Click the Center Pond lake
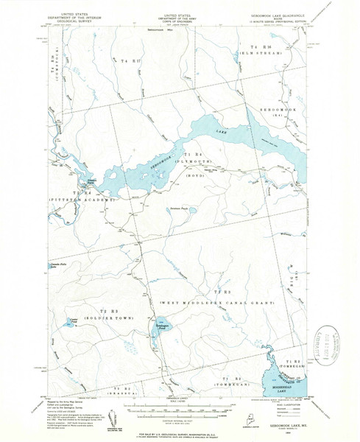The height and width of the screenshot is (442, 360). click(x=73, y=322)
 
